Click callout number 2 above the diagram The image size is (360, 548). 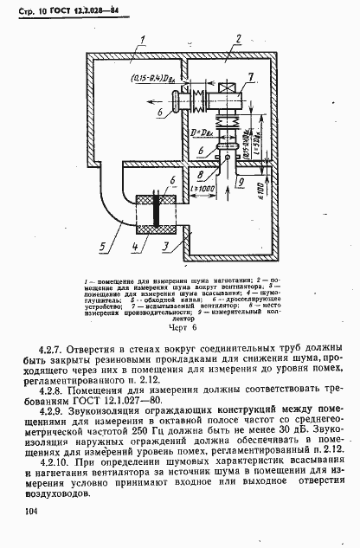(234, 39)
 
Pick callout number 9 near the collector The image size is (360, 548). (242, 183)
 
